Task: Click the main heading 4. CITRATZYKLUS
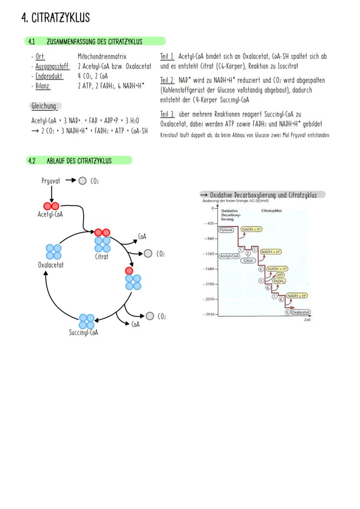[55, 17]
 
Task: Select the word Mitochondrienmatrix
[102, 57]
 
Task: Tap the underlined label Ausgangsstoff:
[53, 66]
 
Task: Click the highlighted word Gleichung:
[45, 106]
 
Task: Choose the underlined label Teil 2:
[167, 80]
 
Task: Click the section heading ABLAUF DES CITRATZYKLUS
[79, 161]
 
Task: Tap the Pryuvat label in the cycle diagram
[51, 181]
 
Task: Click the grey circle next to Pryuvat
[82, 181]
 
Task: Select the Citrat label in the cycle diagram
[101, 256]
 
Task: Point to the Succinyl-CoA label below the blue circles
[83, 333]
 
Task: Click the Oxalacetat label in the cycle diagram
[50, 265]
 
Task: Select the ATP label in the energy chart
[280, 275]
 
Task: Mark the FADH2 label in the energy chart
[279, 281]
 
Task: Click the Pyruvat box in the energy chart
[226, 230]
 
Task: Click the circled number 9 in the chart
[287, 312]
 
